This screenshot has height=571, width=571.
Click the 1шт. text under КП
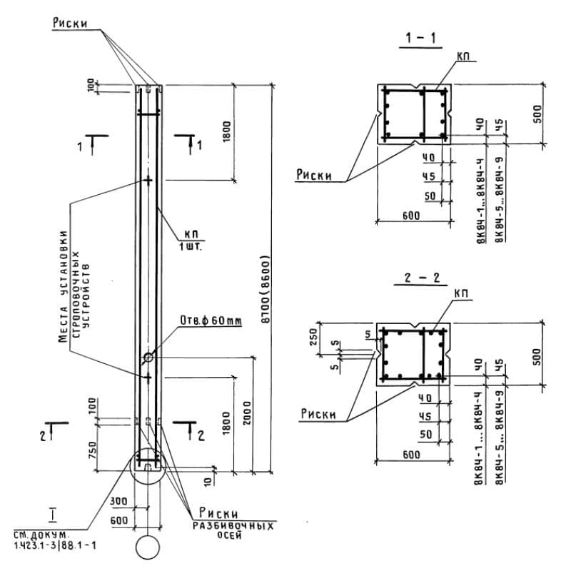click(x=192, y=247)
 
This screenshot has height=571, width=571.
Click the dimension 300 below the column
click(x=120, y=500)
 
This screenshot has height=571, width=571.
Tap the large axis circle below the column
click(x=148, y=548)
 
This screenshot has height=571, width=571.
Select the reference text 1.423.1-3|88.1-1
click(x=54, y=545)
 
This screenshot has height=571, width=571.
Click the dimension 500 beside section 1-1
click(x=537, y=112)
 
